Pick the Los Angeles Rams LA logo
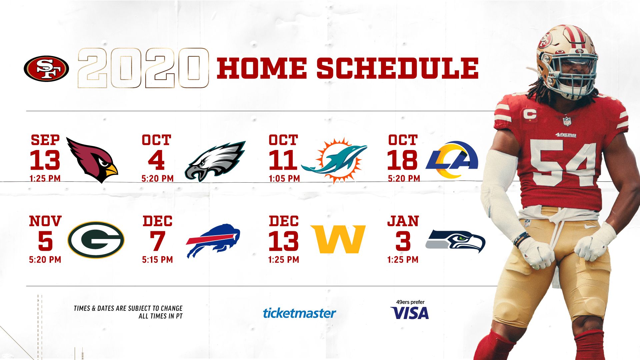click(452, 160)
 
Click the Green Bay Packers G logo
click(96, 240)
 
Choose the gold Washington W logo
click(338, 239)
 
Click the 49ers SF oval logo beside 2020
click(46, 68)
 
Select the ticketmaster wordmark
click(299, 313)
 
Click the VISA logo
click(410, 313)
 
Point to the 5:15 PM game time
click(157, 260)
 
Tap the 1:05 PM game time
click(284, 179)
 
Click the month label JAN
click(403, 221)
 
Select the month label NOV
click(45, 221)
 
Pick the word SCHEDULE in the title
click(397, 68)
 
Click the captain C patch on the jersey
click(530, 114)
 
